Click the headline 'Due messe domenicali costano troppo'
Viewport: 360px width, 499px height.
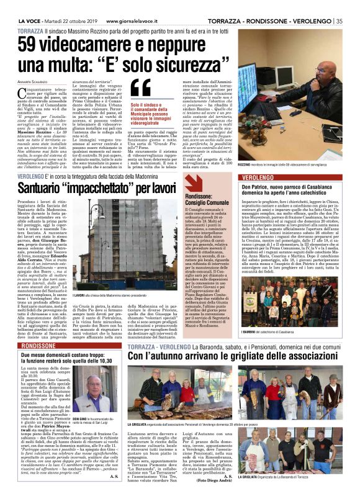tap(65, 354)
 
